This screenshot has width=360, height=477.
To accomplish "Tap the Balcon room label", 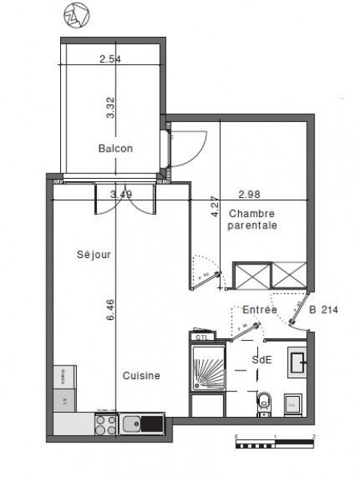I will pos(115,149).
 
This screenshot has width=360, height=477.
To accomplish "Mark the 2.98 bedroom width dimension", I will pos(250,194).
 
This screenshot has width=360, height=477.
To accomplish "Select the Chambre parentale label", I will pos(253,220).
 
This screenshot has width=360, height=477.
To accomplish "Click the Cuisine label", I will pos(141,375).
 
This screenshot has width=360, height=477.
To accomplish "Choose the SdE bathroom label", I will pos(261,360).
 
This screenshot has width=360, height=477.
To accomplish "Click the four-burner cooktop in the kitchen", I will pos(104,422).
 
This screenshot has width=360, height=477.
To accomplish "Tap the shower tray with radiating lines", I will pos(209,370).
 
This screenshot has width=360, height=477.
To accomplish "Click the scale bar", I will pos(275,442).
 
